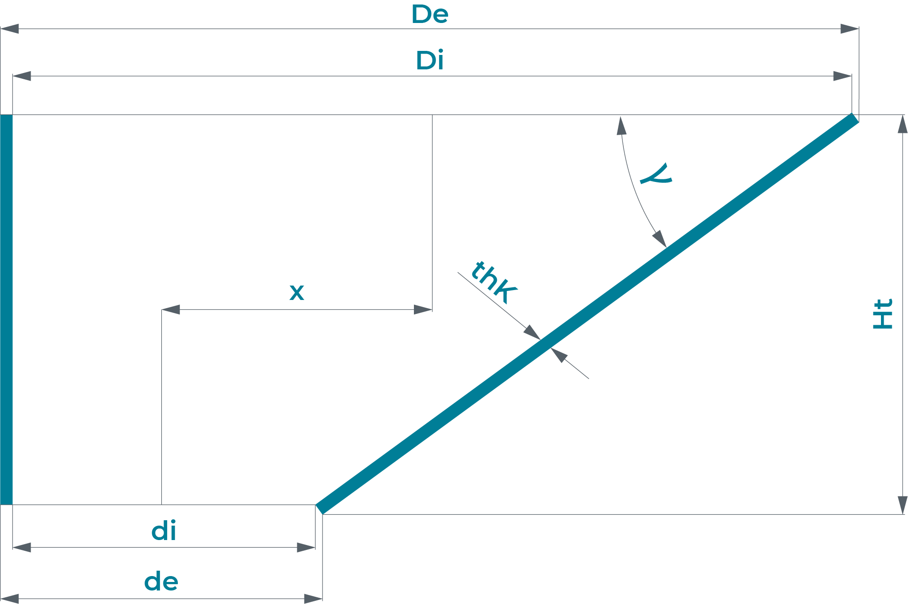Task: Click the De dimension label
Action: pyautogui.click(x=430, y=14)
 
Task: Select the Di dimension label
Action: pyautogui.click(x=430, y=61)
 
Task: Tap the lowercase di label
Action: pyautogui.click(x=164, y=531)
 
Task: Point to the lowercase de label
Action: pyautogui.click(x=161, y=582)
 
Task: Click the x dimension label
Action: pyautogui.click(x=297, y=292)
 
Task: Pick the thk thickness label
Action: pyautogui.click(x=494, y=282)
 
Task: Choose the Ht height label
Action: pyautogui.click(x=883, y=314)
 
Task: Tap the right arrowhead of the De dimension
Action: pyautogui.click(x=849, y=29)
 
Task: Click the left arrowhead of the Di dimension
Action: pyautogui.click(x=22, y=76)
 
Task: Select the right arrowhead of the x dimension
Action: pyautogui.click(x=423, y=309)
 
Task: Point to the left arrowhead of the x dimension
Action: pyautogui.click(x=171, y=309)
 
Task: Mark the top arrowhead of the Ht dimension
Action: pyautogui.click(x=903, y=124)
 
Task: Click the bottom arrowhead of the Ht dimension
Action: pyautogui.click(x=903, y=505)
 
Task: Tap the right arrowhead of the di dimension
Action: pyautogui.click(x=306, y=547)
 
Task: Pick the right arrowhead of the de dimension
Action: pyautogui.click(x=313, y=599)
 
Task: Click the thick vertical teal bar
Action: pyautogui.click(x=6, y=309)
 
